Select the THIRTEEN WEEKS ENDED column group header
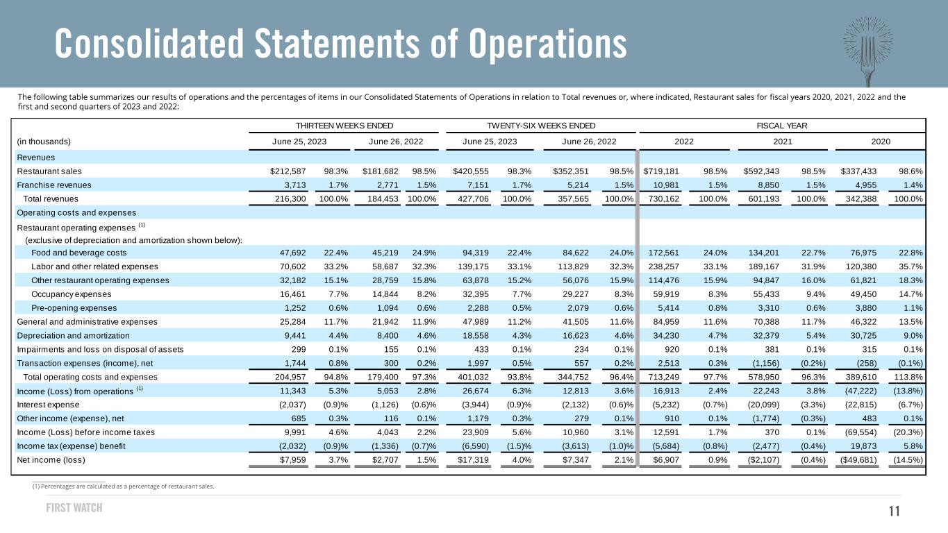(344, 126)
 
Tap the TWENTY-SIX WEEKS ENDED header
(541, 126)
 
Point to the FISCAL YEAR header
(782, 126)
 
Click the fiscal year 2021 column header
(783, 142)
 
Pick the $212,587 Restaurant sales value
(288, 171)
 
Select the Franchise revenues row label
(53, 185)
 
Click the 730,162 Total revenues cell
(664, 198)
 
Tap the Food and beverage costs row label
(78, 253)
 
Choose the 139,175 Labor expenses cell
(473, 266)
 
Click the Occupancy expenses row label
(71, 294)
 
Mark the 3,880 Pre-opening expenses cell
(866, 308)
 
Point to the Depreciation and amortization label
(73, 336)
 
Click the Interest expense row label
(48, 405)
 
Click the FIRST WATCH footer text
(74, 507)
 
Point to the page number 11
(895, 511)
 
